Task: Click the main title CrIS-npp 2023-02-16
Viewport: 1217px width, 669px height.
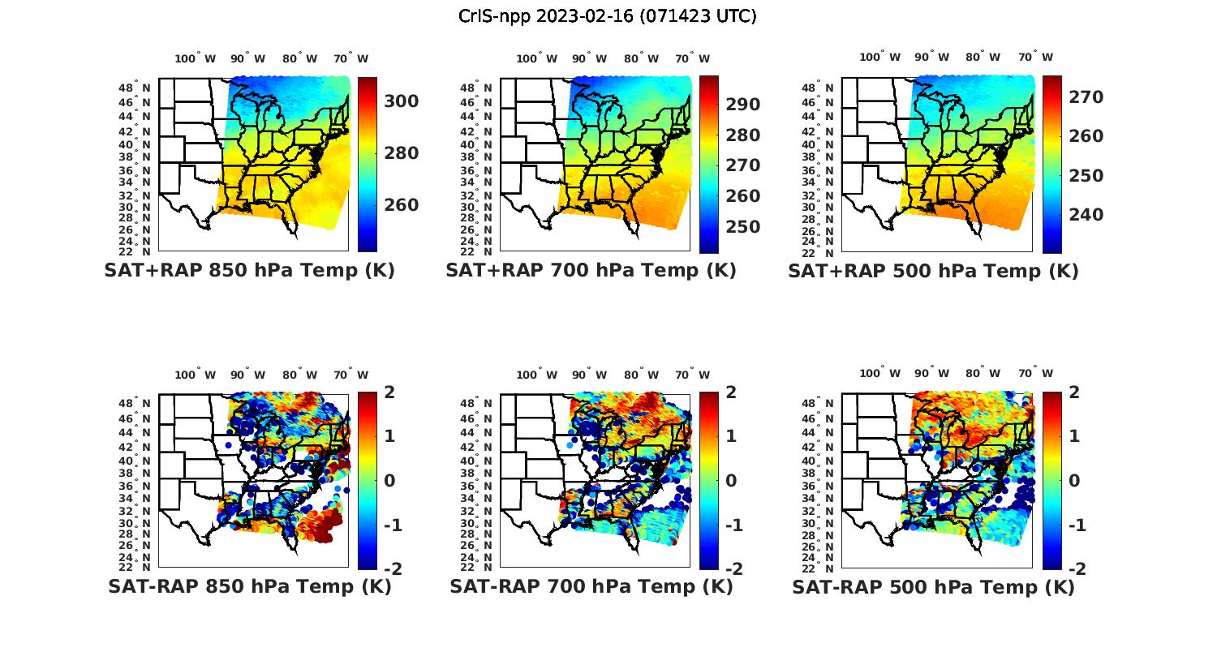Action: click(607, 16)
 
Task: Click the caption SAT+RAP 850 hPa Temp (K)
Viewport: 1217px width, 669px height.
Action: click(249, 271)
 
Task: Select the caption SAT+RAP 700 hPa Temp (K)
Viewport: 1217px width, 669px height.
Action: click(591, 271)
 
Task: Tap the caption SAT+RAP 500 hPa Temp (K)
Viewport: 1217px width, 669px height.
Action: click(933, 272)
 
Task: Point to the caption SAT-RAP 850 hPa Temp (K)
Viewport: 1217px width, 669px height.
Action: click(249, 586)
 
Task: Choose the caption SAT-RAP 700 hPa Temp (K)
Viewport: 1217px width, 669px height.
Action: click(591, 586)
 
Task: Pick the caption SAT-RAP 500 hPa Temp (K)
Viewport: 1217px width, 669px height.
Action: click(933, 587)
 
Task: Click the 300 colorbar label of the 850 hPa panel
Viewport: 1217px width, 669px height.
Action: click(402, 101)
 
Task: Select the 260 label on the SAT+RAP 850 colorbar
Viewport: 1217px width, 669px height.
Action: click(402, 205)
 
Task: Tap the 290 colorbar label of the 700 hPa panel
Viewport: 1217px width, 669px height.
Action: click(743, 105)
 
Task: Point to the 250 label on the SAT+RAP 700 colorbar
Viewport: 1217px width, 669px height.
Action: click(743, 227)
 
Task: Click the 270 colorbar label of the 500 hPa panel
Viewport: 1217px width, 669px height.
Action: click(1086, 97)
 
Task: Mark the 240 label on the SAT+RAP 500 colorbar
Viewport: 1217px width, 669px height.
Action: click(1086, 215)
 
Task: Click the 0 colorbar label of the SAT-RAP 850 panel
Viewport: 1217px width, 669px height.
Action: click(389, 481)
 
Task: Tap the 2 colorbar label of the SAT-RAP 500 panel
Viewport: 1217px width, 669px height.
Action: click(1074, 392)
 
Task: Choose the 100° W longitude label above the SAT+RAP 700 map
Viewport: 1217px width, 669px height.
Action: click(536, 58)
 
